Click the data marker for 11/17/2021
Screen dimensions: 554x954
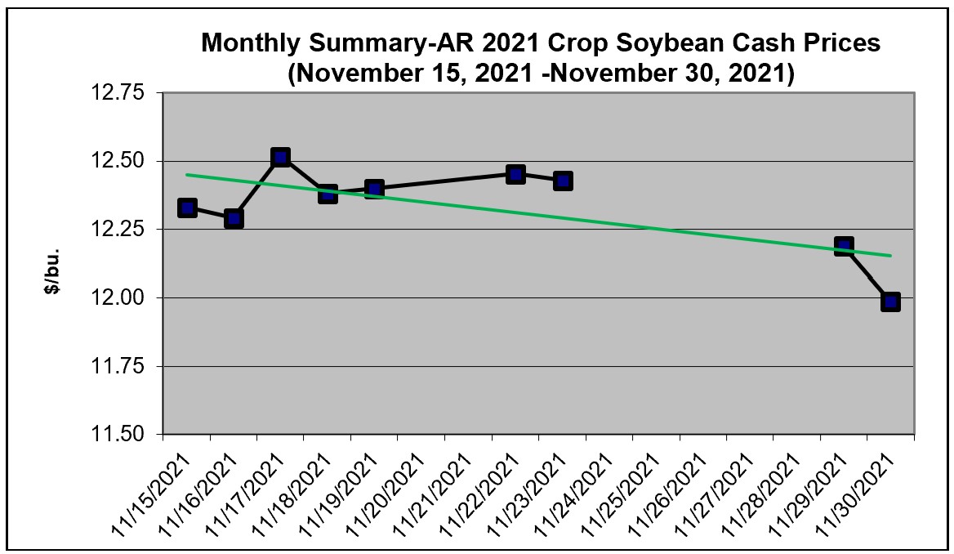pyautogui.click(x=281, y=157)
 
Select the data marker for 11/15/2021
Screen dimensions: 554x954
pyautogui.click(x=187, y=208)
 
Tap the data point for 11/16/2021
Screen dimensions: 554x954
pyautogui.click(x=234, y=218)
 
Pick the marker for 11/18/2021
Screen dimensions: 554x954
pyautogui.click(x=328, y=194)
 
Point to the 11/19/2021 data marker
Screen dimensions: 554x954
pyautogui.click(x=374, y=190)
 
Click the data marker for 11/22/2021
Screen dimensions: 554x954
pyautogui.click(x=515, y=173)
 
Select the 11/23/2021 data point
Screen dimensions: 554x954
pyautogui.click(x=563, y=181)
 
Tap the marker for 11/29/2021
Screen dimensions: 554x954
pyautogui.click(x=844, y=246)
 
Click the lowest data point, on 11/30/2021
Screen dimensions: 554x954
pyautogui.click(x=890, y=302)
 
